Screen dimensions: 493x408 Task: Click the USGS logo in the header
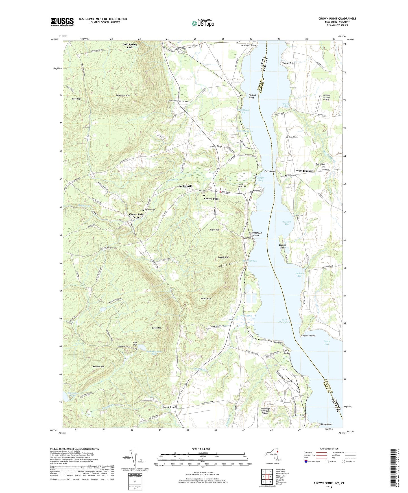click(x=62, y=21)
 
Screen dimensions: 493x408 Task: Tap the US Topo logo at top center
click(x=203, y=23)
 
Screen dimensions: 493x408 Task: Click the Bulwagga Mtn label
click(x=123, y=96)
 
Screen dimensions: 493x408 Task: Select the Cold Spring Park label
click(x=130, y=46)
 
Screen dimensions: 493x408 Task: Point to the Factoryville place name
click(x=186, y=186)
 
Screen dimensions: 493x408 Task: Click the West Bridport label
click(x=305, y=171)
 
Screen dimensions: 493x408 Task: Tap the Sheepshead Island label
click(x=256, y=234)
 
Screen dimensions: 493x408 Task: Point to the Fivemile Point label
click(x=308, y=336)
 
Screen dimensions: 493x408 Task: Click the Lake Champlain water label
click(x=284, y=321)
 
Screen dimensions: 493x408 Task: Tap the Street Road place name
click(x=169, y=407)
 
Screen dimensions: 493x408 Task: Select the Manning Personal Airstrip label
click(x=326, y=97)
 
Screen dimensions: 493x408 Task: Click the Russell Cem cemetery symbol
click(x=287, y=137)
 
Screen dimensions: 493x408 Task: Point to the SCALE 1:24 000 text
click(x=202, y=449)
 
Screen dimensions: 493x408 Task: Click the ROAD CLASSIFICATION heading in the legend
click(x=329, y=449)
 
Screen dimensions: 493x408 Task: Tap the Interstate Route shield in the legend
click(x=306, y=461)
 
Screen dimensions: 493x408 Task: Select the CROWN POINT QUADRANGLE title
click(x=337, y=19)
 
